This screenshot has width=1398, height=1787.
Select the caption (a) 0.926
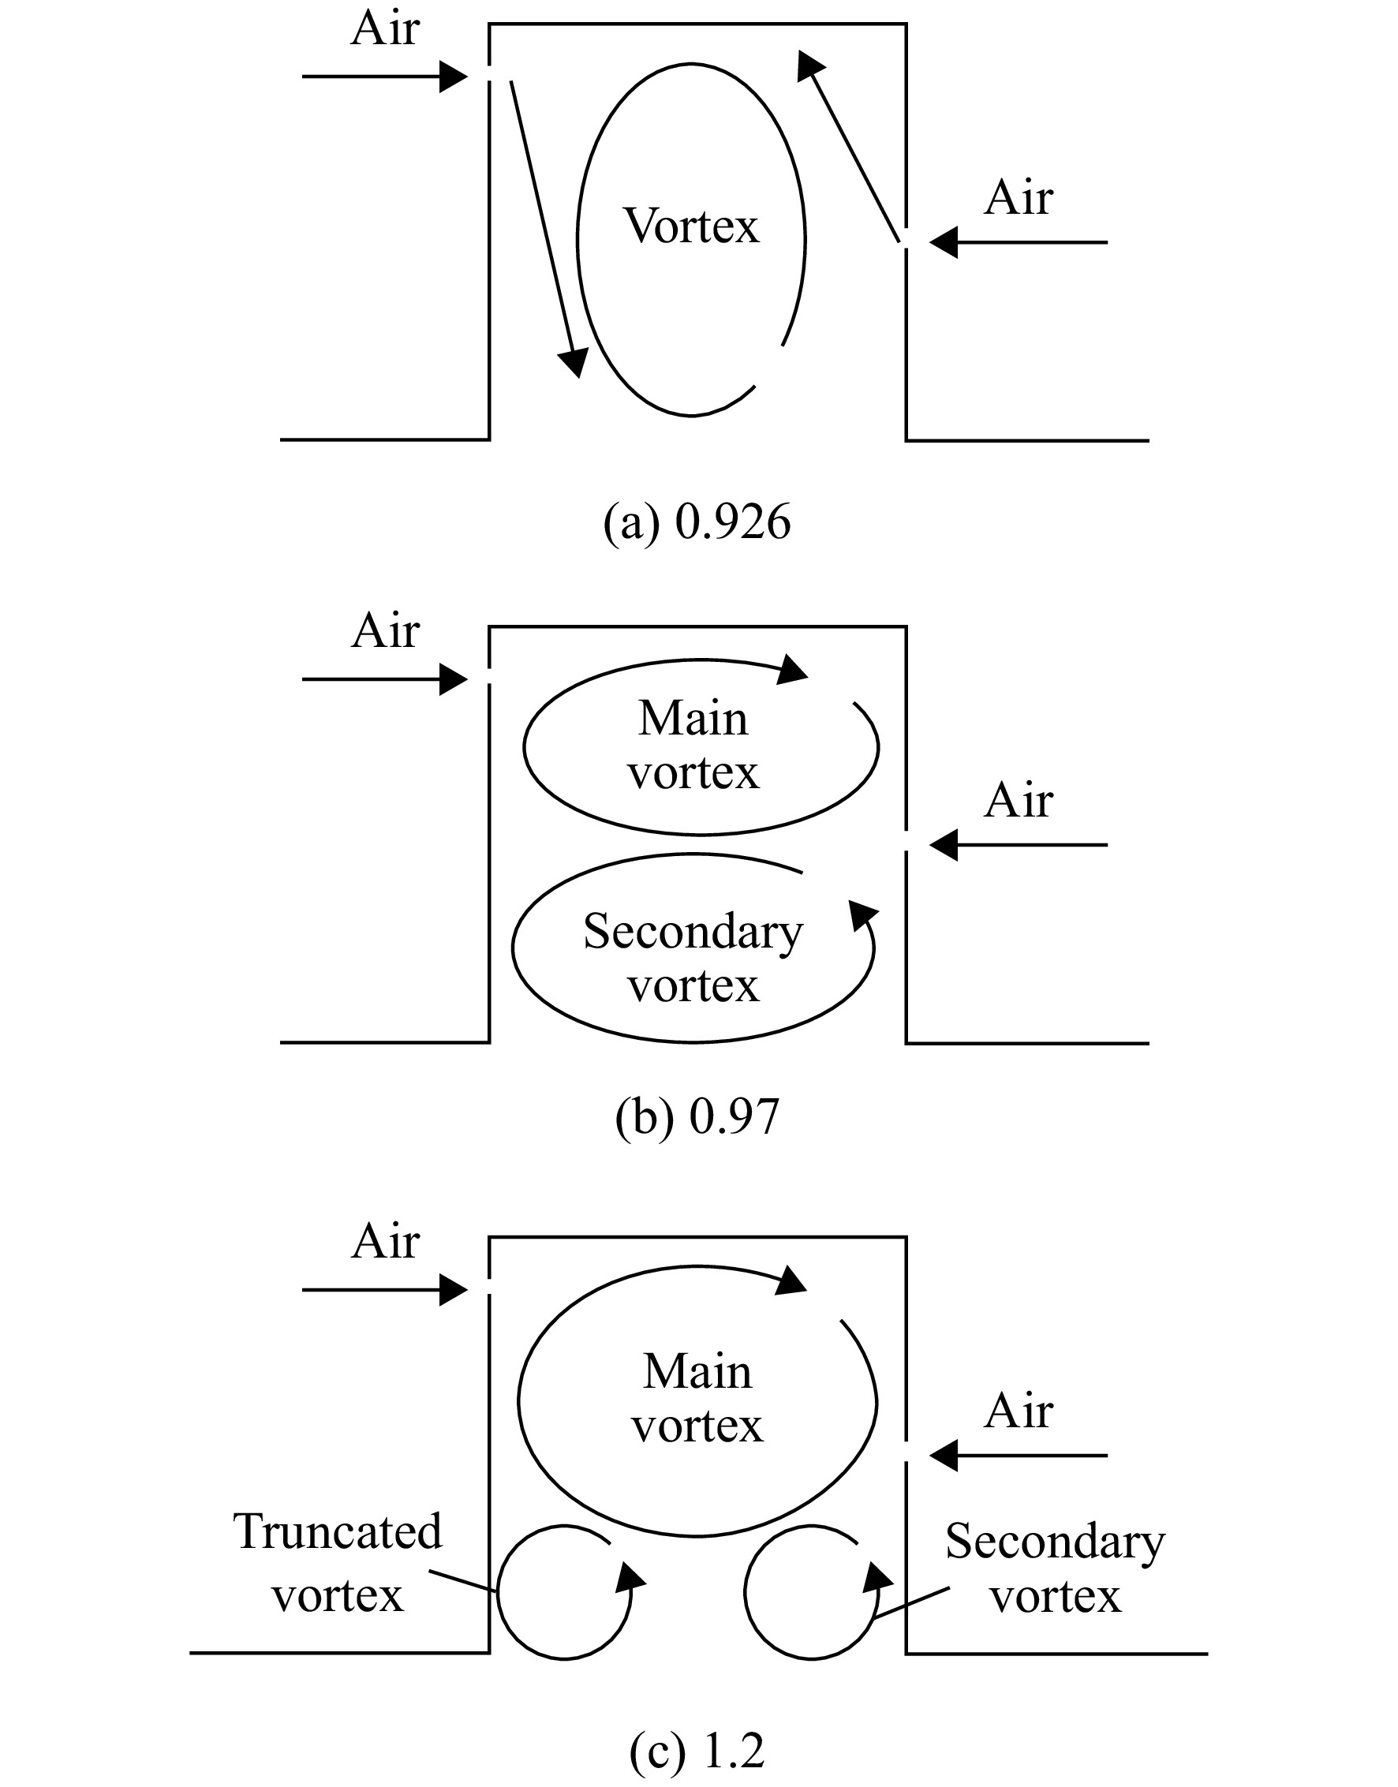pos(697,522)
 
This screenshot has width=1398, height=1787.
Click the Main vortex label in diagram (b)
pos(693,745)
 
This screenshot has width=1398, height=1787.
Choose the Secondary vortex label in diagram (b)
pos(693,958)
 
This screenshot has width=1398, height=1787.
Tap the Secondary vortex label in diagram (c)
pos(1055,1568)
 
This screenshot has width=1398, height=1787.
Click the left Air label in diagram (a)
pos(386,28)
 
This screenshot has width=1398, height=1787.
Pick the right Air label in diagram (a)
pos(1019,198)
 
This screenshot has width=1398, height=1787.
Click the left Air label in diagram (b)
pos(386,631)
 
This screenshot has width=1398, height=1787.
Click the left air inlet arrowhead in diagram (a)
pos(454,77)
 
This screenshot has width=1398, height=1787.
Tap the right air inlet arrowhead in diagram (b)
pos(944,845)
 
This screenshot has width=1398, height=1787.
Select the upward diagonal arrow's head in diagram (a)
pos(809,65)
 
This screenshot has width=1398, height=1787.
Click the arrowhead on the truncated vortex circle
pos(630,1577)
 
